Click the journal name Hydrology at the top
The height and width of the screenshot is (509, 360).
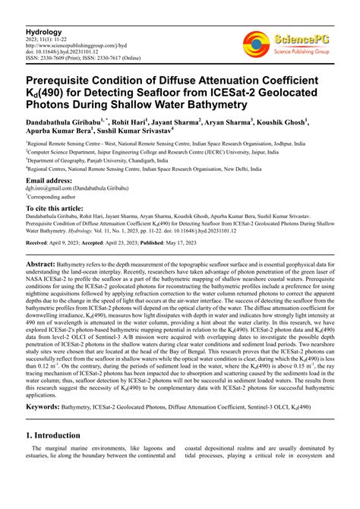click(x=44, y=33)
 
